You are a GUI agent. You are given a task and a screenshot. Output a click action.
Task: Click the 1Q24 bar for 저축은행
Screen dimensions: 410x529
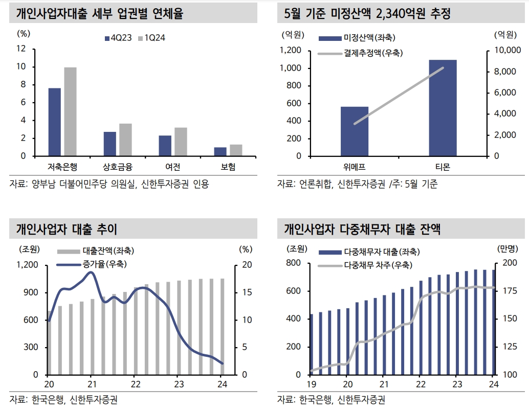tap(70, 111)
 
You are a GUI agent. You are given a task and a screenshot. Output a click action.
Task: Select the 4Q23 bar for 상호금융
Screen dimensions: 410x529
tap(110, 144)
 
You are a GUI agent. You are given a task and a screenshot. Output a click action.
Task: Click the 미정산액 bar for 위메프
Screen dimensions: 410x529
tap(355, 131)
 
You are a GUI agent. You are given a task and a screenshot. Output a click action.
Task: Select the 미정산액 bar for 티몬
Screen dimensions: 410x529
tap(443, 108)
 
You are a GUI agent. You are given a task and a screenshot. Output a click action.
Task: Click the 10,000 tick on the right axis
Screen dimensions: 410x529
tap(506, 50)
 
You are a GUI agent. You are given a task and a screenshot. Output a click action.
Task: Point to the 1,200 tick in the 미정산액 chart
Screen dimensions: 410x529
tap(290, 50)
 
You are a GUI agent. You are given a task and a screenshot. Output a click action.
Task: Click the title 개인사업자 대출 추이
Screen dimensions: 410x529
tap(67, 230)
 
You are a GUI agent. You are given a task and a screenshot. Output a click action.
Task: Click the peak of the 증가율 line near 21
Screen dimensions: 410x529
tap(91, 272)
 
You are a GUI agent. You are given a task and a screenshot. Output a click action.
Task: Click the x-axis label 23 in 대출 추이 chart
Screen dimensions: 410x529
tap(178, 384)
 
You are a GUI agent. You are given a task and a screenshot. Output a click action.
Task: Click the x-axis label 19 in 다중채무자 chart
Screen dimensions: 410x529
tap(311, 384)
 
